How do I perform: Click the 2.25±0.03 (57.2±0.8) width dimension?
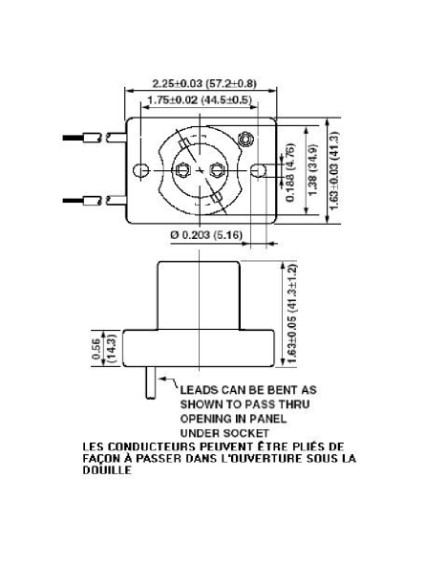(204, 83)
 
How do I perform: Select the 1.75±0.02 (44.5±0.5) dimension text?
(200, 99)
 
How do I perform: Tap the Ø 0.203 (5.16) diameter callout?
(206, 235)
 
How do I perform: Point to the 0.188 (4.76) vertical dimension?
(290, 172)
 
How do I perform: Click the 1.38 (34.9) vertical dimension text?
(313, 169)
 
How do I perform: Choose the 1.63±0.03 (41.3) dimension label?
(334, 170)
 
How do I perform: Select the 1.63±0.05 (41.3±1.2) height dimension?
(292, 315)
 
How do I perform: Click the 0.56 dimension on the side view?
(96, 349)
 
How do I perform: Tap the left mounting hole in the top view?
(141, 170)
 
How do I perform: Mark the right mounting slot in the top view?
(258, 170)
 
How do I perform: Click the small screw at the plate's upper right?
(245, 139)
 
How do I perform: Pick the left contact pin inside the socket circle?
(182, 169)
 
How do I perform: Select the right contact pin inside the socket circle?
(217, 169)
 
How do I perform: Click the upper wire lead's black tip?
(74, 138)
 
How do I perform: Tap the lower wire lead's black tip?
(74, 200)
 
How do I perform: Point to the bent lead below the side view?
(151, 382)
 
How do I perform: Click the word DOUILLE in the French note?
(107, 469)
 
